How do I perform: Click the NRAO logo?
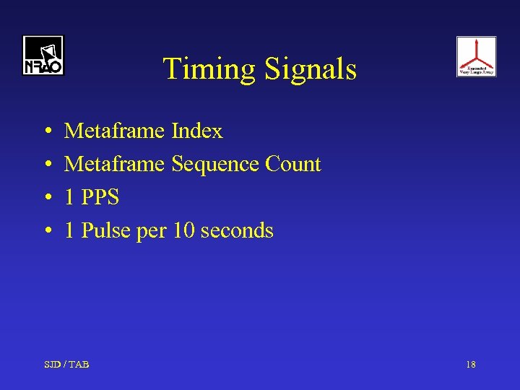click(43, 56)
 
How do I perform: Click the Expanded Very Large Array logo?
click(476, 56)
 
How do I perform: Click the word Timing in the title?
click(210, 69)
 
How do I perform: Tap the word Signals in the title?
click(311, 69)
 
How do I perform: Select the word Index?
click(197, 131)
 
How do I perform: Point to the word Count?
click(293, 165)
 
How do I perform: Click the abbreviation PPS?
click(100, 197)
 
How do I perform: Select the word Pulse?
click(107, 230)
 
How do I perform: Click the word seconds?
click(237, 230)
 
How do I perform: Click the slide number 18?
click(470, 365)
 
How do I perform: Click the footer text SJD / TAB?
click(66, 365)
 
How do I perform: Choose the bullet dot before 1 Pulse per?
click(46, 231)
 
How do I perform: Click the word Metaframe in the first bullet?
click(115, 131)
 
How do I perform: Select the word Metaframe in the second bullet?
click(115, 165)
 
